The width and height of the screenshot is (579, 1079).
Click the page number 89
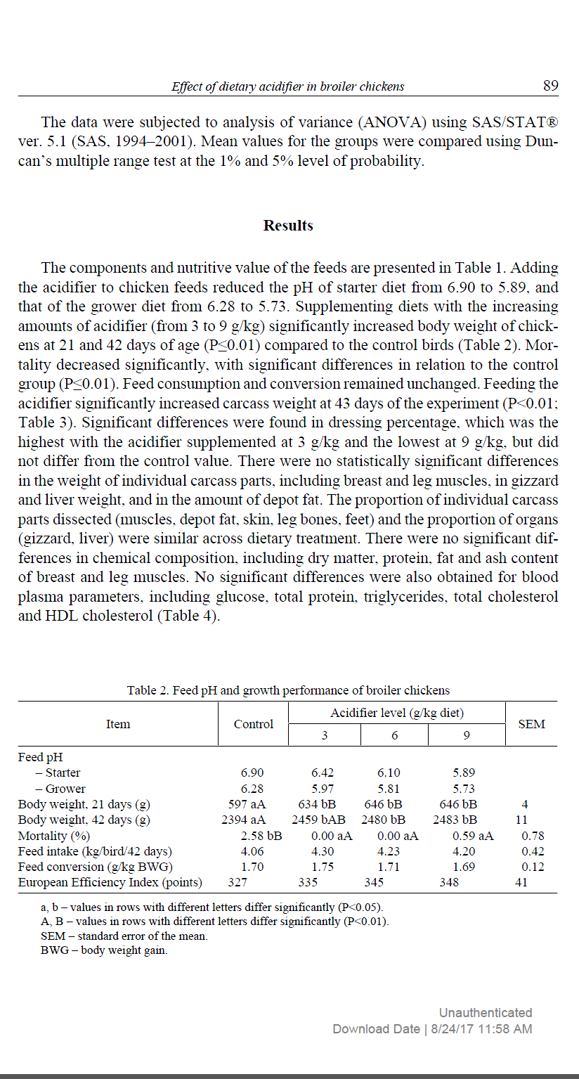tap(550, 86)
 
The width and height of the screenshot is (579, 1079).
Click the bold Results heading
tap(288, 226)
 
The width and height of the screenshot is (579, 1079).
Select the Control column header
tap(254, 724)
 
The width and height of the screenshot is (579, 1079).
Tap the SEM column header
tap(531, 724)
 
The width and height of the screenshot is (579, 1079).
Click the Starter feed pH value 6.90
tap(252, 773)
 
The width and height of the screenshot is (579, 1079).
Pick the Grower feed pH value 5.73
tap(464, 789)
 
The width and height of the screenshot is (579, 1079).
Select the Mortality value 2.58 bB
tap(261, 836)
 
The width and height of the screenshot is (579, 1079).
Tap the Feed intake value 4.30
tap(323, 851)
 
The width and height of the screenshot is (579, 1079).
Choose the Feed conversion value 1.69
tap(464, 867)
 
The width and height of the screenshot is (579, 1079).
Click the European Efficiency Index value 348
tap(449, 882)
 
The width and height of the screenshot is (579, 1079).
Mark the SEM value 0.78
tap(533, 836)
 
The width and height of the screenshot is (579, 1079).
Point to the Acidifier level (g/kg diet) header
tap(397, 713)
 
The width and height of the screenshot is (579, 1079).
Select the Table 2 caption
tap(288, 690)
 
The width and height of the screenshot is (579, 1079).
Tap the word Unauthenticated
tap(485, 1013)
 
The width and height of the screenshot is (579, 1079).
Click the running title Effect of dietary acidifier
tap(288, 86)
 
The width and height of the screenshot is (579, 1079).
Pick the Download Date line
tap(432, 1029)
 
